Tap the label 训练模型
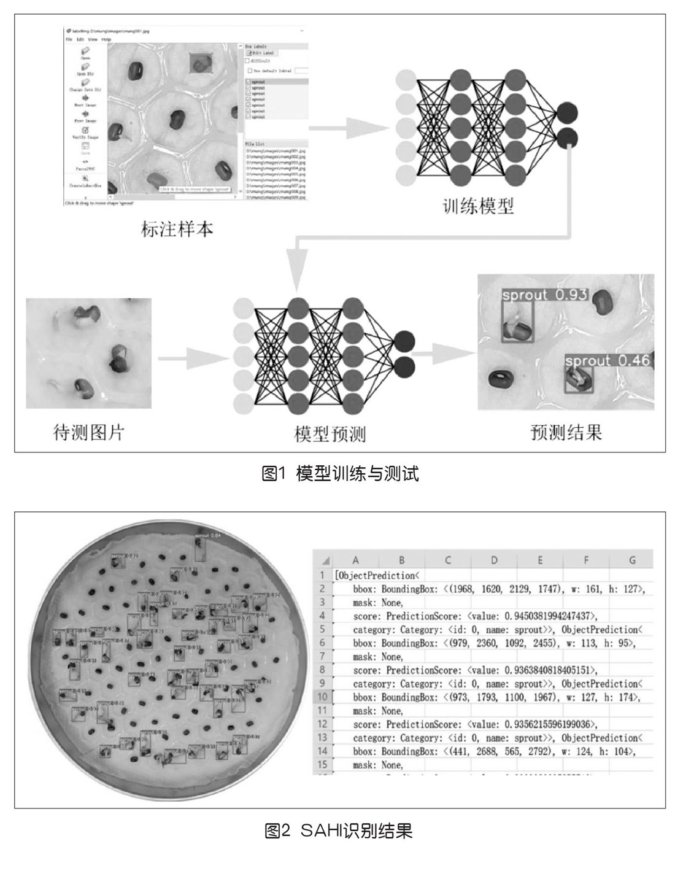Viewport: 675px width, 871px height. tap(478, 206)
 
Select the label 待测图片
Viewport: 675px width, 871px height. tap(89, 433)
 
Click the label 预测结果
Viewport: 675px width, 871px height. tap(566, 433)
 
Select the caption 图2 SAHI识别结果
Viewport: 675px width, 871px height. tap(339, 831)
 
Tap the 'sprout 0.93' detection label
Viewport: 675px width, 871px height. tap(544, 295)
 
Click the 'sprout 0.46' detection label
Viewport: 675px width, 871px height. tap(607, 360)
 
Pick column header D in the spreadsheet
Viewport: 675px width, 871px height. tap(493, 560)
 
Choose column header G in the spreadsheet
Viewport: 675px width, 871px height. tap(632, 560)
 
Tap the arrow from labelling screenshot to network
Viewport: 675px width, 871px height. tap(349, 128)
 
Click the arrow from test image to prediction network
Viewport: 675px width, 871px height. tap(193, 357)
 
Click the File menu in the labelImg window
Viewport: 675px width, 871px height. tap(69, 39)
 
